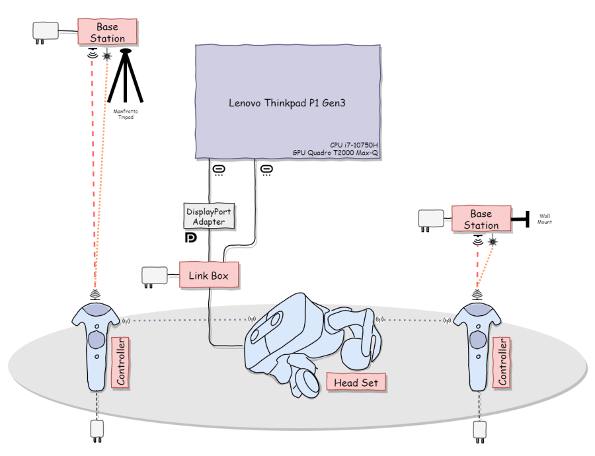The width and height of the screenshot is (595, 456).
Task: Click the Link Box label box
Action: (209, 275)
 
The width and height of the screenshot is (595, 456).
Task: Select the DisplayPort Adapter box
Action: (209, 216)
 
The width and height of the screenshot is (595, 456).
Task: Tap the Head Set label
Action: (356, 383)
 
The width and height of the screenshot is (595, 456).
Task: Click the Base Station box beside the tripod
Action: (107, 32)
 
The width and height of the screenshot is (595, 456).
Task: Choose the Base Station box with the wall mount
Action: (481, 219)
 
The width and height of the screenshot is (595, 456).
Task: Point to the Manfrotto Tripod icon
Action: (126, 75)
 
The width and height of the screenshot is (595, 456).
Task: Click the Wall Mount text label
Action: (545, 219)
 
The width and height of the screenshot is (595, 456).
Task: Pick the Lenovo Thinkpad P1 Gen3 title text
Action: (287, 103)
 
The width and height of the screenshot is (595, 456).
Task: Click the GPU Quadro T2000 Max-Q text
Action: (335, 153)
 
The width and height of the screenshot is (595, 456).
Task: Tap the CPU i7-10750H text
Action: (354, 145)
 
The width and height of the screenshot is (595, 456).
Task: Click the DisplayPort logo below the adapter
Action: (190, 237)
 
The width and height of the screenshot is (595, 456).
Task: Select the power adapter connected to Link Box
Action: (155, 276)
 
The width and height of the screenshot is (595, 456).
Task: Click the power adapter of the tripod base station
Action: (46, 32)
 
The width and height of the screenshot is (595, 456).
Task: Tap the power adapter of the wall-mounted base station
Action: (430, 221)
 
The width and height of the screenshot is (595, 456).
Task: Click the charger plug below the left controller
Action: (97, 431)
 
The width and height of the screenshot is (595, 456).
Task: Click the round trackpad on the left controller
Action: (97, 339)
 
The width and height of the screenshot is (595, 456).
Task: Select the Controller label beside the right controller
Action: (502, 362)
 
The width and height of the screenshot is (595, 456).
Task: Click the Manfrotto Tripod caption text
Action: (126, 114)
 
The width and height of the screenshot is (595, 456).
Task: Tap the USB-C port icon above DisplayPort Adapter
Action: (219, 170)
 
